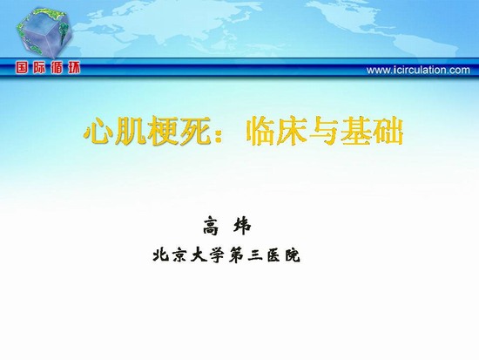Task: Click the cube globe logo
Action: tap(44, 33)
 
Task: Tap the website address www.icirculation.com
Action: tap(418, 70)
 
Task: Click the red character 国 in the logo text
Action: tap(22, 68)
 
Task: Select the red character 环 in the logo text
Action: tap(74, 68)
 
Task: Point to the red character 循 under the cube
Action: tap(57, 68)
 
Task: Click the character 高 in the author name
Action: tap(211, 226)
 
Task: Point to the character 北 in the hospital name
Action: tap(161, 255)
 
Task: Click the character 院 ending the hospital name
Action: tap(293, 255)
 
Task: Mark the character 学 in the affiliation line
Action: tap(217, 255)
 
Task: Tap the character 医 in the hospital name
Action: tap(274, 255)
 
